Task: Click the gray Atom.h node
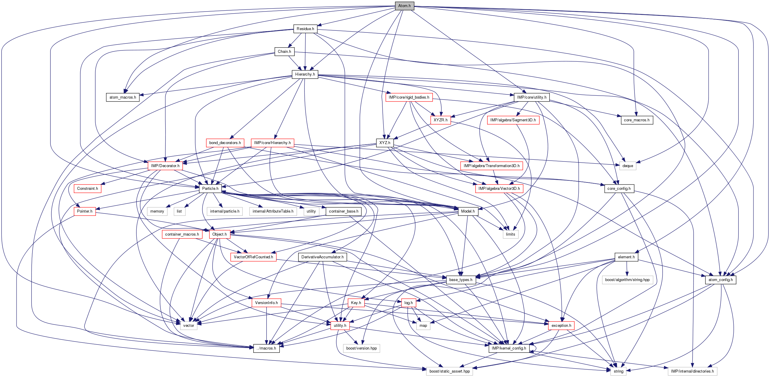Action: pyautogui.click(x=404, y=6)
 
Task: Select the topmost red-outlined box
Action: pyautogui.click(x=409, y=97)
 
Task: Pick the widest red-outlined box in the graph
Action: pyautogui.click(x=491, y=166)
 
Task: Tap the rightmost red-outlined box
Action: pyautogui.click(x=561, y=326)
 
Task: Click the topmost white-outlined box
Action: pyautogui.click(x=628, y=166)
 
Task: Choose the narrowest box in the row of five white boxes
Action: pyautogui.click(x=180, y=211)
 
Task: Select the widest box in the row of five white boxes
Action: pyautogui.click(x=273, y=211)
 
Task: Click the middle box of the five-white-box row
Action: pyautogui.click(x=224, y=211)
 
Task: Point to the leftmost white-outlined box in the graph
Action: pyautogui.click(x=157, y=211)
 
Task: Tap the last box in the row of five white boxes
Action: pyautogui.click(x=311, y=211)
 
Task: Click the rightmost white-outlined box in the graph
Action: pyautogui.click(x=692, y=371)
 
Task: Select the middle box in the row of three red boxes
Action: pyautogui.click(x=356, y=303)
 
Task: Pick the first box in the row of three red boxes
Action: pyautogui.click(x=266, y=303)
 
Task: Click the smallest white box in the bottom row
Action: pyautogui.click(x=618, y=371)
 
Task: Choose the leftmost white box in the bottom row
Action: pyautogui.click(x=449, y=371)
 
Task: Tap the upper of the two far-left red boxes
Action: pyautogui.click(x=88, y=189)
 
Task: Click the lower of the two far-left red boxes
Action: pyautogui.click(x=85, y=211)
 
